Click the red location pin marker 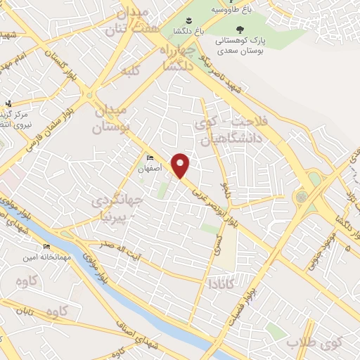tap(181, 165)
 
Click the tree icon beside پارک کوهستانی tap(240, 30)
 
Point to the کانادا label tap(221, 284)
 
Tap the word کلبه tap(130, 71)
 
